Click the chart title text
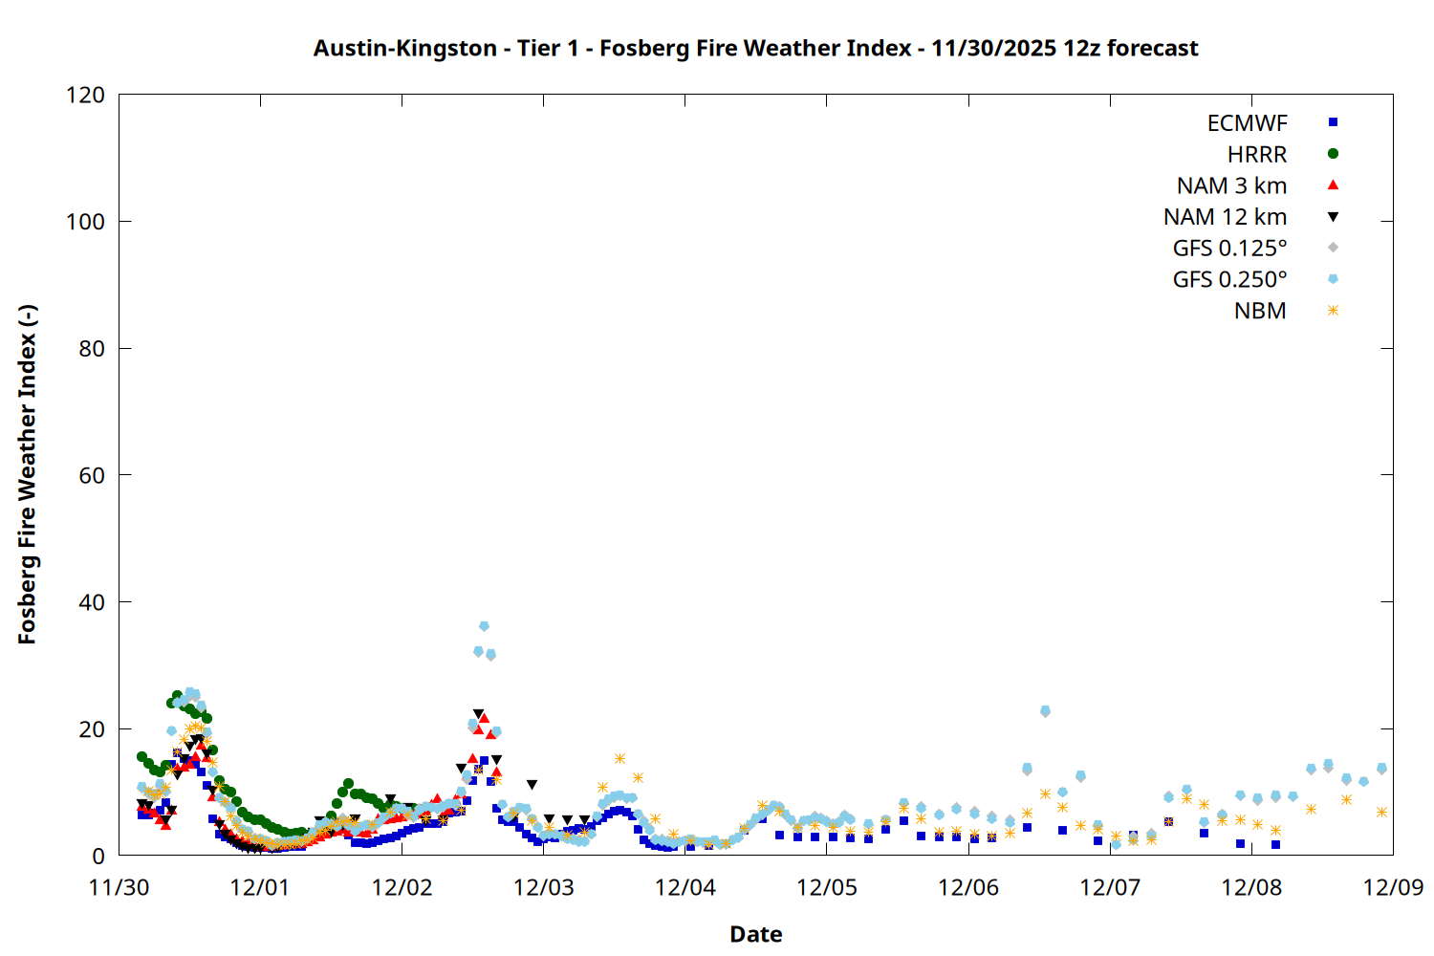[755, 48]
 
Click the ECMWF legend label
[1247, 123]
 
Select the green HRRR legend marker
[1333, 154]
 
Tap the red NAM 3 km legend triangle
[1333, 185]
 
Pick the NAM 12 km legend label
[1225, 217]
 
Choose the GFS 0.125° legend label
[1229, 249]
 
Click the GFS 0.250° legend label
[1229, 280]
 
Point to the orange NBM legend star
[1333, 311]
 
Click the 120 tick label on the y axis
[86, 96]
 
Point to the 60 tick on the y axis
[92, 475]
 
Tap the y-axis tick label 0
[98, 856]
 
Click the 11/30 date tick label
[119, 887]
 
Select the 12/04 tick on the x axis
[685, 887]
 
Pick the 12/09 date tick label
[1393, 887]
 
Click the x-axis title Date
[755, 934]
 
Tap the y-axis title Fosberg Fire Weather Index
[27, 475]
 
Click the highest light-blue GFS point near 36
[484, 626]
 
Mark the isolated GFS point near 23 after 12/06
[1045, 711]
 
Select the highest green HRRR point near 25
[177, 696]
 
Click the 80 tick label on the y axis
[92, 349]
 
